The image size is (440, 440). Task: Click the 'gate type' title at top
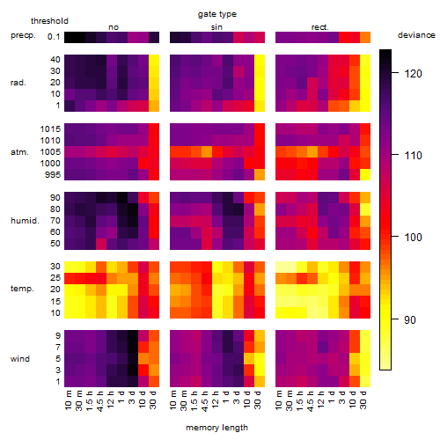pyautogui.click(x=217, y=14)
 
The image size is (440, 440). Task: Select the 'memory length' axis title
pyautogui.click(x=216, y=428)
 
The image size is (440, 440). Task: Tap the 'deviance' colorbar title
pyautogui.click(x=416, y=35)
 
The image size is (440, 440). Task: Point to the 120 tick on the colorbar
pyautogui.click(x=395, y=73)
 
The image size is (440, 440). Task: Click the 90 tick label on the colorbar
pyautogui.click(x=409, y=319)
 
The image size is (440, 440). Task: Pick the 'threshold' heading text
pyautogui.click(x=49, y=21)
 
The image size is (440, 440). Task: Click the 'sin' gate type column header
pyautogui.click(x=216, y=27)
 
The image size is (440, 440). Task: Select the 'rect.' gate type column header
pyautogui.click(x=319, y=27)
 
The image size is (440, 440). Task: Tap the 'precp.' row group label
pyautogui.click(x=23, y=35)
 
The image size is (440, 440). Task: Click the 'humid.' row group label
pyautogui.click(x=25, y=221)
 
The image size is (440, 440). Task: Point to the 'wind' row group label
pyautogui.click(x=20, y=359)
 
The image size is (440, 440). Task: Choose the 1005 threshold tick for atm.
pyautogui.click(x=50, y=152)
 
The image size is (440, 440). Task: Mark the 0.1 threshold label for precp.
pyautogui.click(x=54, y=37)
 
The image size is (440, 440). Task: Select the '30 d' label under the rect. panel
pyautogui.click(x=363, y=400)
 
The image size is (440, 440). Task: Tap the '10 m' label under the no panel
pyautogui.click(x=69, y=400)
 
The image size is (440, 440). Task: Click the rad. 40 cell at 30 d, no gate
pyautogui.click(x=154, y=60)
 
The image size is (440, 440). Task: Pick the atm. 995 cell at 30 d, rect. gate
pyautogui.click(x=365, y=174)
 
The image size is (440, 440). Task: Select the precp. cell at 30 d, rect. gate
pyautogui.click(x=365, y=37)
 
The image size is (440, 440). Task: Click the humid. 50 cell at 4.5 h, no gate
pyautogui.click(x=101, y=244)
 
